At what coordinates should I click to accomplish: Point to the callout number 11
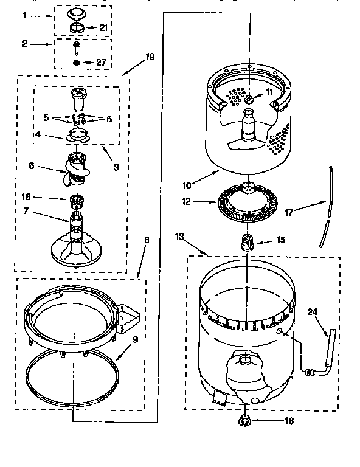click(x=269, y=92)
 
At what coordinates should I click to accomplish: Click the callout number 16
click(x=271, y=420)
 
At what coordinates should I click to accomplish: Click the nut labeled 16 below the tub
click(x=246, y=420)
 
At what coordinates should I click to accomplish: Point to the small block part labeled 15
click(x=248, y=241)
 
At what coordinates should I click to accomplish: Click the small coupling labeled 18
click(x=77, y=199)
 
